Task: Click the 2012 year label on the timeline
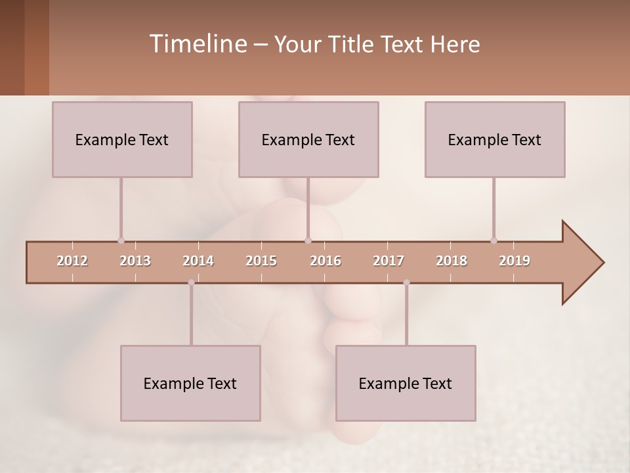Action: tap(72, 261)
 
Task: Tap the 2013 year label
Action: tap(135, 261)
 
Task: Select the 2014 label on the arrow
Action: tap(198, 261)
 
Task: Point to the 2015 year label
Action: tap(261, 261)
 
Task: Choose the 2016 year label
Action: tap(325, 261)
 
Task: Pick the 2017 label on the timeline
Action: tap(388, 261)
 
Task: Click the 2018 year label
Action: tap(451, 261)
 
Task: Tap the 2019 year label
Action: tap(514, 261)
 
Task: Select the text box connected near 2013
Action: tap(122, 139)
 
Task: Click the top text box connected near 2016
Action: tap(308, 139)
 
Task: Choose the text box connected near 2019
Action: tap(495, 139)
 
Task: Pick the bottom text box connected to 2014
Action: tap(190, 383)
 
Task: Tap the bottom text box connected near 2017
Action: tap(406, 383)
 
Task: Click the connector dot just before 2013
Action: tap(121, 240)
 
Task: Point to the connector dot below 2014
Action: tap(191, 282)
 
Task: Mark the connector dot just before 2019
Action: tap(493, 240)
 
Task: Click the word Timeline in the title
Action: tap(197, 44)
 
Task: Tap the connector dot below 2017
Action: tap(406, 282)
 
